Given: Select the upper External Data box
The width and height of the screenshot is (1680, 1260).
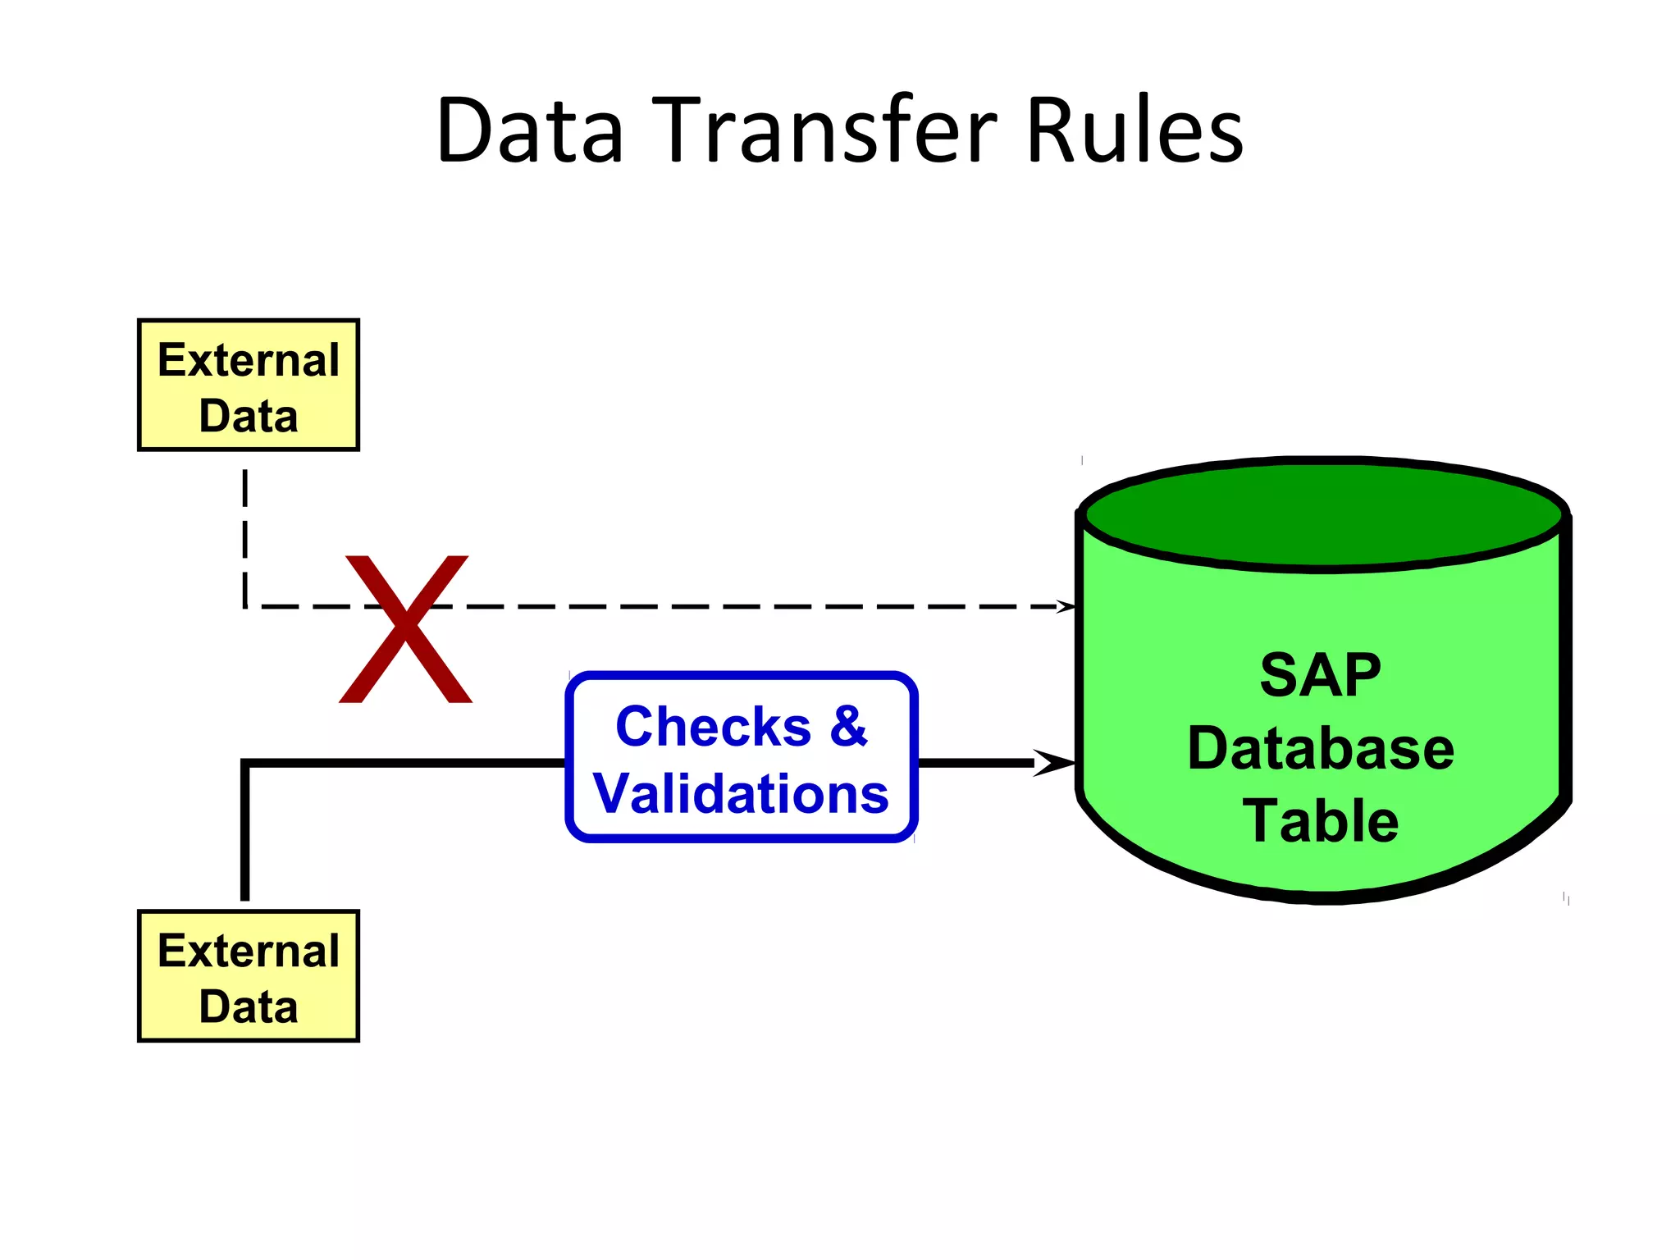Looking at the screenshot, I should [248, 386].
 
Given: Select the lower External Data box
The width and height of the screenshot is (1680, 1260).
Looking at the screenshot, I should [248, 976].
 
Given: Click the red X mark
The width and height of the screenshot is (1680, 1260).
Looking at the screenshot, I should [405, 628].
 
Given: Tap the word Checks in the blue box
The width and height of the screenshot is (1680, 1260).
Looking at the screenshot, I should [713, 727].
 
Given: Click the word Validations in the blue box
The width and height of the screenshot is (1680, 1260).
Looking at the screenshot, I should [741, 794].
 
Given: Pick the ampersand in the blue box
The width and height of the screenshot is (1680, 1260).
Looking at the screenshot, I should [847, 727].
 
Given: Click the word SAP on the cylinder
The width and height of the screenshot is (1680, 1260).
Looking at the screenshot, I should [1320, 676].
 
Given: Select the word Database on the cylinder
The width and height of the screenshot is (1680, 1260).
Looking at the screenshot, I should [1320, 748].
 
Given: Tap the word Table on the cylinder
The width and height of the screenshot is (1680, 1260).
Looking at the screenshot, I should [1320, 821].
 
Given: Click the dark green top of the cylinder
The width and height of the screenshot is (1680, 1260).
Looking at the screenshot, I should [1322, 515].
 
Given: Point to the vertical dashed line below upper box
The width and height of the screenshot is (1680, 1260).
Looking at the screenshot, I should [245, 533].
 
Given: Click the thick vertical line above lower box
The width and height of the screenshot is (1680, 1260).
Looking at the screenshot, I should [245, 837].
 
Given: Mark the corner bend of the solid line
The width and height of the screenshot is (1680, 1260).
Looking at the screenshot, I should [246, 764].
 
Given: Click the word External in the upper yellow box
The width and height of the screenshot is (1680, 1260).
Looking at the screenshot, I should [248, 360].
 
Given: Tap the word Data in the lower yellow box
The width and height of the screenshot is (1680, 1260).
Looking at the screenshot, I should [248, 1007].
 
